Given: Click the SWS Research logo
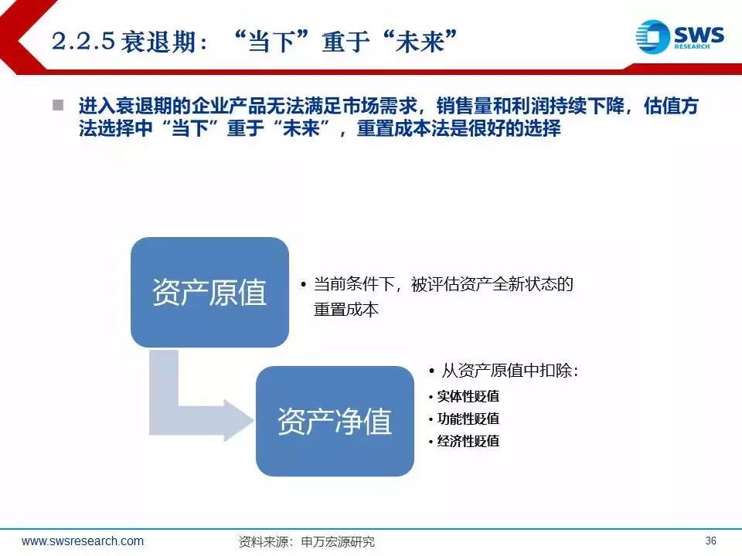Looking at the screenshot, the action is point(679,36).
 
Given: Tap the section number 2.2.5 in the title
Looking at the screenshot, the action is point(83,41).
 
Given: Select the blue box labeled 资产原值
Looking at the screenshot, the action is point(209,292).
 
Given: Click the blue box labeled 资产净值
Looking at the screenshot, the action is point(335,422).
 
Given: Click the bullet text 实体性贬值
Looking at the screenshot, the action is point(468,396).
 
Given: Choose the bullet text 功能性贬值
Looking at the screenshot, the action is point(468,419).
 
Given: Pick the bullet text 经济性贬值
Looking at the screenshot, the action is point(468,441).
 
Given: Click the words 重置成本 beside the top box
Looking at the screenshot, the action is point(346,310).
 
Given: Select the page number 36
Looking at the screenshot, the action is point(710,541).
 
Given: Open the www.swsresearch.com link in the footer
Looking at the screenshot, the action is point(83,541).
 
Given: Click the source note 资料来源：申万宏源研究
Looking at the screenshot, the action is point(307,541).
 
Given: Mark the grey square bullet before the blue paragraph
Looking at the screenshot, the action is point(58,104).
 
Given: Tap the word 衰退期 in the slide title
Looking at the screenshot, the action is point(158,41).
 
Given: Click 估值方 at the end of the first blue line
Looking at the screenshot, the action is point(671,106).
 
